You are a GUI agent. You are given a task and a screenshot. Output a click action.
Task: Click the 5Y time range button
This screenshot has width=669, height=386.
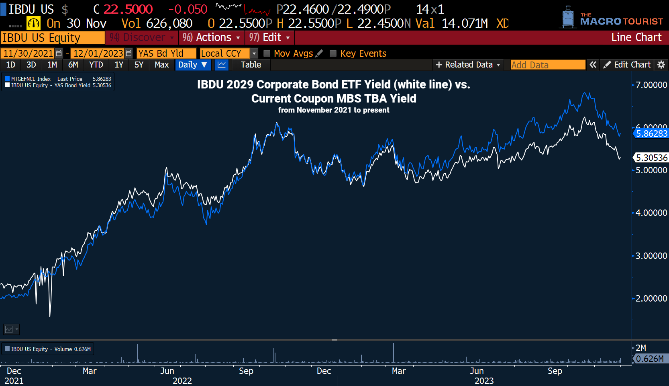(139, 65)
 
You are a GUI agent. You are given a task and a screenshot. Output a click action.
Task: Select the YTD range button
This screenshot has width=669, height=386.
(96, 65)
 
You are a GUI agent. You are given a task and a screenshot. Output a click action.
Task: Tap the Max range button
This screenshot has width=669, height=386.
(161, 65)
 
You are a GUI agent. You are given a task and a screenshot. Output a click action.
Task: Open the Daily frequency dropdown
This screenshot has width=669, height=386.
(193, 65)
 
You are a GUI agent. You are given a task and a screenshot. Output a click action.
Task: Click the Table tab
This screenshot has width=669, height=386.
(251, 65)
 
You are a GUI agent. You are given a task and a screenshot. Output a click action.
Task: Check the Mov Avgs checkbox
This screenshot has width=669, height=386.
(267, 53)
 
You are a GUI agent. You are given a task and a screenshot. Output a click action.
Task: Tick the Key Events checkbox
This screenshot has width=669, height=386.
(333, 53)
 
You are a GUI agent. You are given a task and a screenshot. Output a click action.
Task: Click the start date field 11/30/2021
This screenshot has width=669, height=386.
(28, 53)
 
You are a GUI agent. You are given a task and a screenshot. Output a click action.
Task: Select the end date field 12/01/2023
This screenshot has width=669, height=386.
(98, 53)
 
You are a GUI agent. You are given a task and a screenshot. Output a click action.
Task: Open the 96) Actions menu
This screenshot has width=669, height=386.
(211, 37)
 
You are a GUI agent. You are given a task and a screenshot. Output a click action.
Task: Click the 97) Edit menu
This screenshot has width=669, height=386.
(269, 37)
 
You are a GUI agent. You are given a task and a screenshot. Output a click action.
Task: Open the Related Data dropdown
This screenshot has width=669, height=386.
(468, 65)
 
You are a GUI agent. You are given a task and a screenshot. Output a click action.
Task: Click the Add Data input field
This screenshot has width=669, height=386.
(547, 65)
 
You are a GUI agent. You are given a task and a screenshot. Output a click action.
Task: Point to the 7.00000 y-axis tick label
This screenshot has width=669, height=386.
(651, 85)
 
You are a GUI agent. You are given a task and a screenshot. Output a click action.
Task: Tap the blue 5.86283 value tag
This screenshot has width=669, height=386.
(651, 133)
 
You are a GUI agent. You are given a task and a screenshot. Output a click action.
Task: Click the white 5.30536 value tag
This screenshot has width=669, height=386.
(651, 158)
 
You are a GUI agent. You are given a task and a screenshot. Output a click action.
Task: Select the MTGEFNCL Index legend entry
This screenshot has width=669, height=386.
(47, 79)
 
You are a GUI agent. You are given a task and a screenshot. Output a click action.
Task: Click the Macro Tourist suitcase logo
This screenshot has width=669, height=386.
(568, 17)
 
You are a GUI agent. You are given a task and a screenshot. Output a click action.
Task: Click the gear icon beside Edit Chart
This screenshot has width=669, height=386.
(661, 65)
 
